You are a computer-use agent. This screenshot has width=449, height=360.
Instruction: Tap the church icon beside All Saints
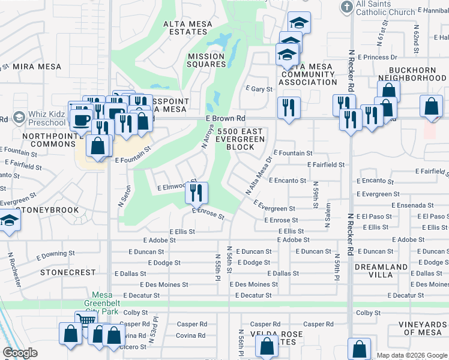tap(346, 7)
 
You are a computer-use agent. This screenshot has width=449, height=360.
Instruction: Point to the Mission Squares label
tap(206, 61)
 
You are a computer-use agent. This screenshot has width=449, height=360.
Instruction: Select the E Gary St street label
tap(259, 89)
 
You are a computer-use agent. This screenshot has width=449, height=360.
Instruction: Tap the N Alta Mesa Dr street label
tap(259, 176)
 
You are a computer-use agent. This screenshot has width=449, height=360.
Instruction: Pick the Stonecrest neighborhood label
tap(68, 272)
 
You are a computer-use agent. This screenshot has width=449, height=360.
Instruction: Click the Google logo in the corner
tap(20, 353)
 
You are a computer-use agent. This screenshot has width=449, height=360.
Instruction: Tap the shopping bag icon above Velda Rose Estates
tap(267, 346)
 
